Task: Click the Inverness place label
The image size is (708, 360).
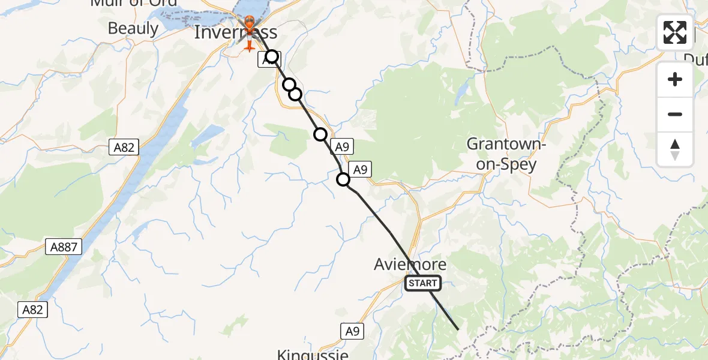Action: pos(236,32)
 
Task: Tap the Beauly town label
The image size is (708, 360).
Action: pos(133,28)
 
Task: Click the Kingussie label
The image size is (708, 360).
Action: pos(313,354)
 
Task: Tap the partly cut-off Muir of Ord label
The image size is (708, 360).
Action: pos(133,3)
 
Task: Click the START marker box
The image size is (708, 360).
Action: pos(423,283)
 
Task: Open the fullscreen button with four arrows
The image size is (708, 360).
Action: pos(675,32)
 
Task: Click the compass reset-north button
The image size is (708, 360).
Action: pos(675,149)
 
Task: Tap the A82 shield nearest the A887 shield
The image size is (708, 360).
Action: pos(32,309)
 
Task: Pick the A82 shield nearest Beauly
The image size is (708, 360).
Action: pos(123,146)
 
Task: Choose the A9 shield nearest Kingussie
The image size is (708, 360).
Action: pos(353,330)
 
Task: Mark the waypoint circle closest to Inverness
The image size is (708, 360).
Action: pos(272,57)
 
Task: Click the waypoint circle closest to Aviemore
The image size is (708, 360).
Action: pos(343,179)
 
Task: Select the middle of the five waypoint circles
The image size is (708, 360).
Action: pos(295,94)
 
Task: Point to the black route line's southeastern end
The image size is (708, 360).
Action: pos(458,329)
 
